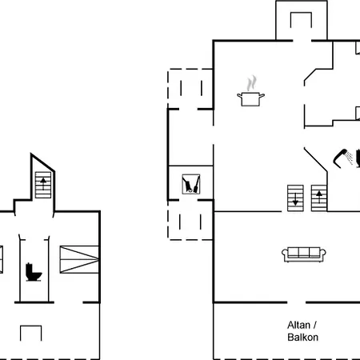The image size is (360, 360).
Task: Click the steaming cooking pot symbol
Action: tap(250, 91)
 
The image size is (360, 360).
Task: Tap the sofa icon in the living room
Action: tap(304, 254)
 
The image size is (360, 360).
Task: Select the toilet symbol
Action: tap(34, 272)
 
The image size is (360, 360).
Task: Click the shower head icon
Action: tap(343, 158)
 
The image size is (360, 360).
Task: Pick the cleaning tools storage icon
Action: tap(191, 184)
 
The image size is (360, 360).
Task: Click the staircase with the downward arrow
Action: tap(295, 198)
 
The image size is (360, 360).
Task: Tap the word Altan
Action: tap(298, 325)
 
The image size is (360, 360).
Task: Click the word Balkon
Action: tap(302, 338)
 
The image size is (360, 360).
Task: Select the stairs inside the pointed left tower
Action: tap(43, 185)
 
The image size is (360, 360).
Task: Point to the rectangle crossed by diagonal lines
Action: tap(79, 259)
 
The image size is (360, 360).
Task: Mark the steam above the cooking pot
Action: tap(251, 83)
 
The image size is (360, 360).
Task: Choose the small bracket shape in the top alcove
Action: tap(301, 20)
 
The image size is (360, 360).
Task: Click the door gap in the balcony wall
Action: tap(296, 302)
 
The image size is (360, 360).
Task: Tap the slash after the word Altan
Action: tap(315, 325)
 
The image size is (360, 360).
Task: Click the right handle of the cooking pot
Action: tap(262, 95)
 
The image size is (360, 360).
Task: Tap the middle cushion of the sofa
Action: tap(304, 252)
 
